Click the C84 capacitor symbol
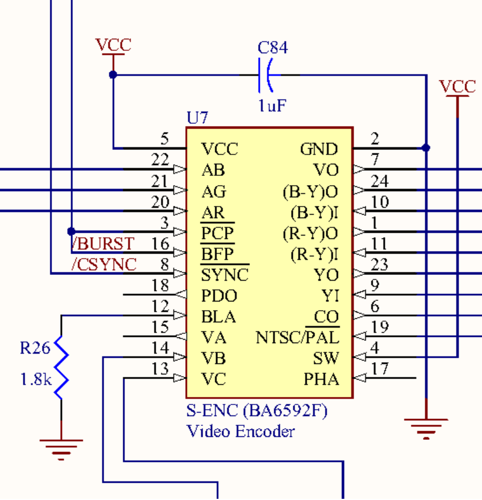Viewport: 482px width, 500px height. pos(265,75)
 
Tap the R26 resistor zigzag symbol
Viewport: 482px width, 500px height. pos(61,367)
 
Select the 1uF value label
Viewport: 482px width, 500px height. pos(272,105)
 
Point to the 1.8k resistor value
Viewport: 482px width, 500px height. pos(36,380)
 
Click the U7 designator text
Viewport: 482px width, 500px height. pos(197,117)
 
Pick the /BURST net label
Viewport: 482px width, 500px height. pos(103,244)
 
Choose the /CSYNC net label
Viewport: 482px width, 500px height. pos(104,264)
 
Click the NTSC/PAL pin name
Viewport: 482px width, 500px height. pos(297,337)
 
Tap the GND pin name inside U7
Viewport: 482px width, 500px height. pos(319,149)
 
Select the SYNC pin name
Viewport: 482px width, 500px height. pos(225,275)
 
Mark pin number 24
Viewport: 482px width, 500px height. pos(380,181)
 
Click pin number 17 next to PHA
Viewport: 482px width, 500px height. pos(380,369)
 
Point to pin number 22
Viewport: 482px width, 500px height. pos(160,160)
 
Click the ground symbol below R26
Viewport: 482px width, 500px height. pos(61,450)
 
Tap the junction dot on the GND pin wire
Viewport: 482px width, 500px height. pos(426,148)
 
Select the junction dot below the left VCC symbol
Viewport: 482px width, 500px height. pos(113,75)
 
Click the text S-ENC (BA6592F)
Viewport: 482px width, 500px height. pos(256,411)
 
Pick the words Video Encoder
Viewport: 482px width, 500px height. pos(240,432)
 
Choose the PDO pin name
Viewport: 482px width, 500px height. pos(219,296)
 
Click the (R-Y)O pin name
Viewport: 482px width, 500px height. pos(310,234)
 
